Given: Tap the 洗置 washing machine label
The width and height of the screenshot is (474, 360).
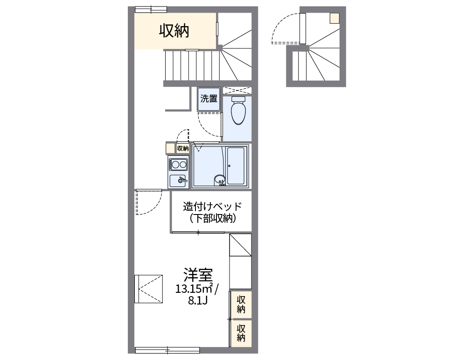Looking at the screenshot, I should pos(209,98).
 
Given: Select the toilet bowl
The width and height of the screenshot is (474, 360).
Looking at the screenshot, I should pos(238,113).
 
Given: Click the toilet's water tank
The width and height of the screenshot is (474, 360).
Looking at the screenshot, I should pos(238,100).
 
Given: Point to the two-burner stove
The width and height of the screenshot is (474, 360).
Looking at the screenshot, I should pos(178,164).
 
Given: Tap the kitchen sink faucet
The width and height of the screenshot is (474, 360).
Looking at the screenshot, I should pos(182,180).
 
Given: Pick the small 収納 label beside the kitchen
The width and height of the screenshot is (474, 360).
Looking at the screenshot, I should pos(183,148).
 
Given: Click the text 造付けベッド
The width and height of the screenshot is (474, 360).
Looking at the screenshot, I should pos(212,207).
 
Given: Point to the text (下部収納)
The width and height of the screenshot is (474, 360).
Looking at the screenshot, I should pos(212,218).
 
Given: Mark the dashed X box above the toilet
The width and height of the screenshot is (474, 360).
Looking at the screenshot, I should pos(237,90).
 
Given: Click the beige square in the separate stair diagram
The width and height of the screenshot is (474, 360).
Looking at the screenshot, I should pos(335,18).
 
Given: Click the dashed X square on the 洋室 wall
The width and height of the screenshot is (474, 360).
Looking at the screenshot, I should pos(148,289).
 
